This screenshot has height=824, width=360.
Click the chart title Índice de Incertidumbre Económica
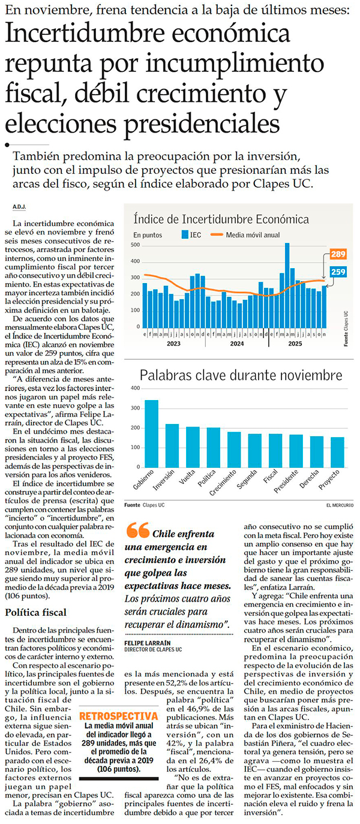221,219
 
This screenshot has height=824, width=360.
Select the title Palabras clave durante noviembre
241,376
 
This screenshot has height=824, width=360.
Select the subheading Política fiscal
35,612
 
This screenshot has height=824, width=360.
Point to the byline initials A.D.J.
19,207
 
